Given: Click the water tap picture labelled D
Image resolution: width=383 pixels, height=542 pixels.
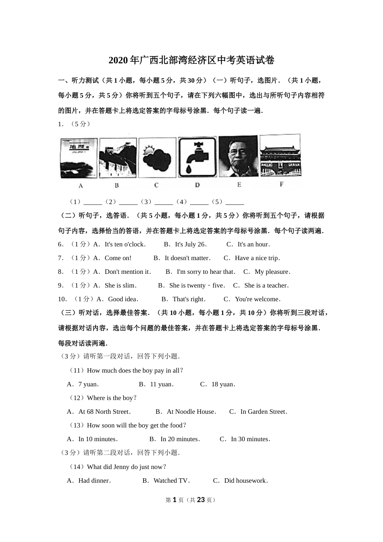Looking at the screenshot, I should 197,157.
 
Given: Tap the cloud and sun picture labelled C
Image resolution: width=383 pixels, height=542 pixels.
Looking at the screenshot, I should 157,158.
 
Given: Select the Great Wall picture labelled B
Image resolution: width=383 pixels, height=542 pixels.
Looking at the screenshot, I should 118,158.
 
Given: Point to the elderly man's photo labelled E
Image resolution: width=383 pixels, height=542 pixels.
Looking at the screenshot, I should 238,156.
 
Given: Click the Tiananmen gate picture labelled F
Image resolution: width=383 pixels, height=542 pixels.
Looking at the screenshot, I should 280,155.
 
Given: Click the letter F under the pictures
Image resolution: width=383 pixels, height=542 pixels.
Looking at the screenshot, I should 281,184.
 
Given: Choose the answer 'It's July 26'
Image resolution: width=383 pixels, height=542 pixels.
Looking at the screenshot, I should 190,244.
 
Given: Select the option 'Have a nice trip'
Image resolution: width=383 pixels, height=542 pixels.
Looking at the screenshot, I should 257,258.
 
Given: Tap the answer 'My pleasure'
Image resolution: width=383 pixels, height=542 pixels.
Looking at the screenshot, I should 272,272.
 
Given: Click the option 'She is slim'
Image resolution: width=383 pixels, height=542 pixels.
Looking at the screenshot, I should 120,286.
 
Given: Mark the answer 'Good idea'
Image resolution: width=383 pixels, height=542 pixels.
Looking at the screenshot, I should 123,299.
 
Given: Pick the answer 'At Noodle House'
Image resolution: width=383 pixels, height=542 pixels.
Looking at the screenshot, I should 191,412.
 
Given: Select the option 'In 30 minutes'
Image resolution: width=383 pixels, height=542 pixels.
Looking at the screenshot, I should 250,439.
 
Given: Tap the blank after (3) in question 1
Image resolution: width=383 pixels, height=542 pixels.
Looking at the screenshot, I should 164,202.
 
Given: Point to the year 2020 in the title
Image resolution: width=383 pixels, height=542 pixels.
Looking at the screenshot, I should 118,60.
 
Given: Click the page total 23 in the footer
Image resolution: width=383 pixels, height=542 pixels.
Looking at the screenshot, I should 201,500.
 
